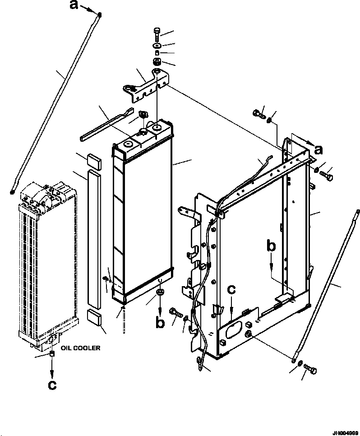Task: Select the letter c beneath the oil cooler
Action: click(52, 385)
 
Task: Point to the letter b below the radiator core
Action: click(160, 322)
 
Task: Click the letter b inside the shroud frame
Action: click(271, 247)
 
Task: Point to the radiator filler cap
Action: click(144, 115)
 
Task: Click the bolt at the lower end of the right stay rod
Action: click(310, 371)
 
